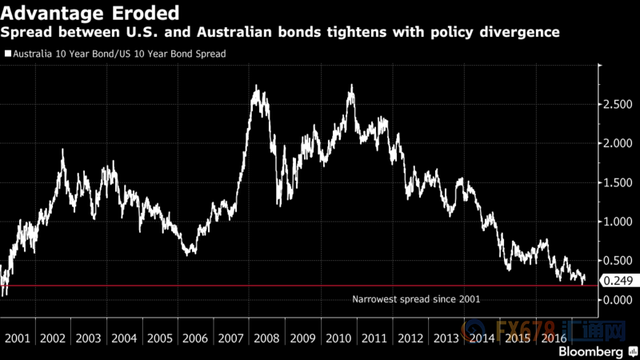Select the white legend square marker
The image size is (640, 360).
7,54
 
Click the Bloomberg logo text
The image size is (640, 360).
593,351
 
